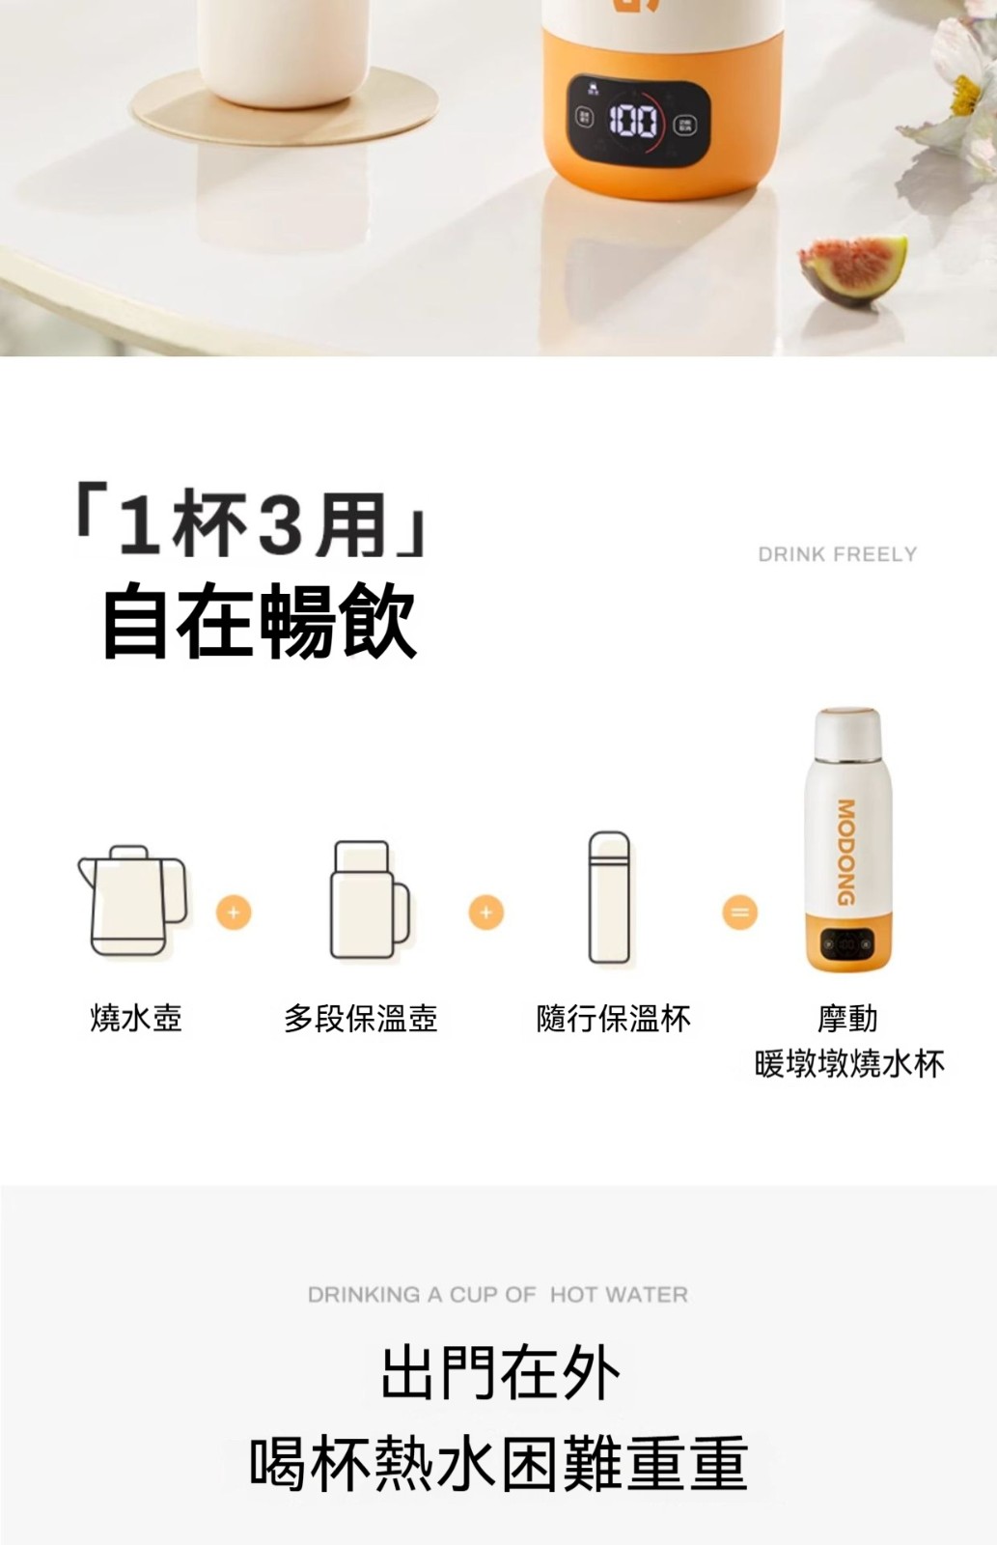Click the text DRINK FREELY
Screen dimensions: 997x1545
(837, 554)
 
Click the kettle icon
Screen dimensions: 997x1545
(132, 900)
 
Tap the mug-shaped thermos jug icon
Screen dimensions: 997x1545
(370, 899)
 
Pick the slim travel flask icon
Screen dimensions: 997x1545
(610, 897)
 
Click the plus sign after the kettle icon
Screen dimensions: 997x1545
(234, 913)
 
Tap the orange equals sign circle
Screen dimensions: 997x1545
(740, 913)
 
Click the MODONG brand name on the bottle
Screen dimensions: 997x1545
(846, 852)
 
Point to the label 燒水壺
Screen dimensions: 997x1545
(136, 1018)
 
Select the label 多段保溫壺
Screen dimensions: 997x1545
(361, 1018)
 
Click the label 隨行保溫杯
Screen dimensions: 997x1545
(613, 1018)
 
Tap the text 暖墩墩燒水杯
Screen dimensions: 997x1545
(848, 1063)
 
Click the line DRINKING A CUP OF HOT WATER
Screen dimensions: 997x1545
(498, 1295)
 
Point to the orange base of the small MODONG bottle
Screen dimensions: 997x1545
(848, 941)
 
